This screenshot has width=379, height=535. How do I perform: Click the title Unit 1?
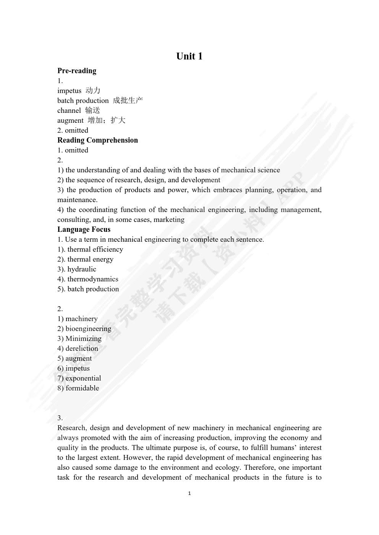[189, 56]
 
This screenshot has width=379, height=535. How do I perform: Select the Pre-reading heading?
[77, 71]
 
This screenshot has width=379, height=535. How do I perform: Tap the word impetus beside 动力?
[69, 91]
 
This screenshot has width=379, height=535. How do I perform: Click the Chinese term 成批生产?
[128, 101]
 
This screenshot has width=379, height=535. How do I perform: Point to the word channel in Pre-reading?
[69, 111]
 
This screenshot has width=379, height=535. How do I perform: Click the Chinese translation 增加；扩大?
[106, 120]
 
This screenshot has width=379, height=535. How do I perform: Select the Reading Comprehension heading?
[97, 140]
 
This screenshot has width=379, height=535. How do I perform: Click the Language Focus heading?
[84, 229]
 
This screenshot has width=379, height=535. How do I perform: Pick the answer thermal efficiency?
[95, 249]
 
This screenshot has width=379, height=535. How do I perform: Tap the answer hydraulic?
[82, 269]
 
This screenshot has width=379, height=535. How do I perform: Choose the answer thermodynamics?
[93, 279]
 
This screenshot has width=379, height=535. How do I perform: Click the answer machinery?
[81, 319]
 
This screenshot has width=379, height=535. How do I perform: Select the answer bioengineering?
[88, 329]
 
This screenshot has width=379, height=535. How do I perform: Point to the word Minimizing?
[83, 339]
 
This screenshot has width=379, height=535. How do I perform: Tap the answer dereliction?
[82, 349]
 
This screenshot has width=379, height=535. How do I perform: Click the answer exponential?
[83, 378]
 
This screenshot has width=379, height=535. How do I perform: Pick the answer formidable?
[82, 388]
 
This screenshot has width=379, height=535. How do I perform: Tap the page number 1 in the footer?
[189, 493]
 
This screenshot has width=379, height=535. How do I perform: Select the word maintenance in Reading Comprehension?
[77, 200]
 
